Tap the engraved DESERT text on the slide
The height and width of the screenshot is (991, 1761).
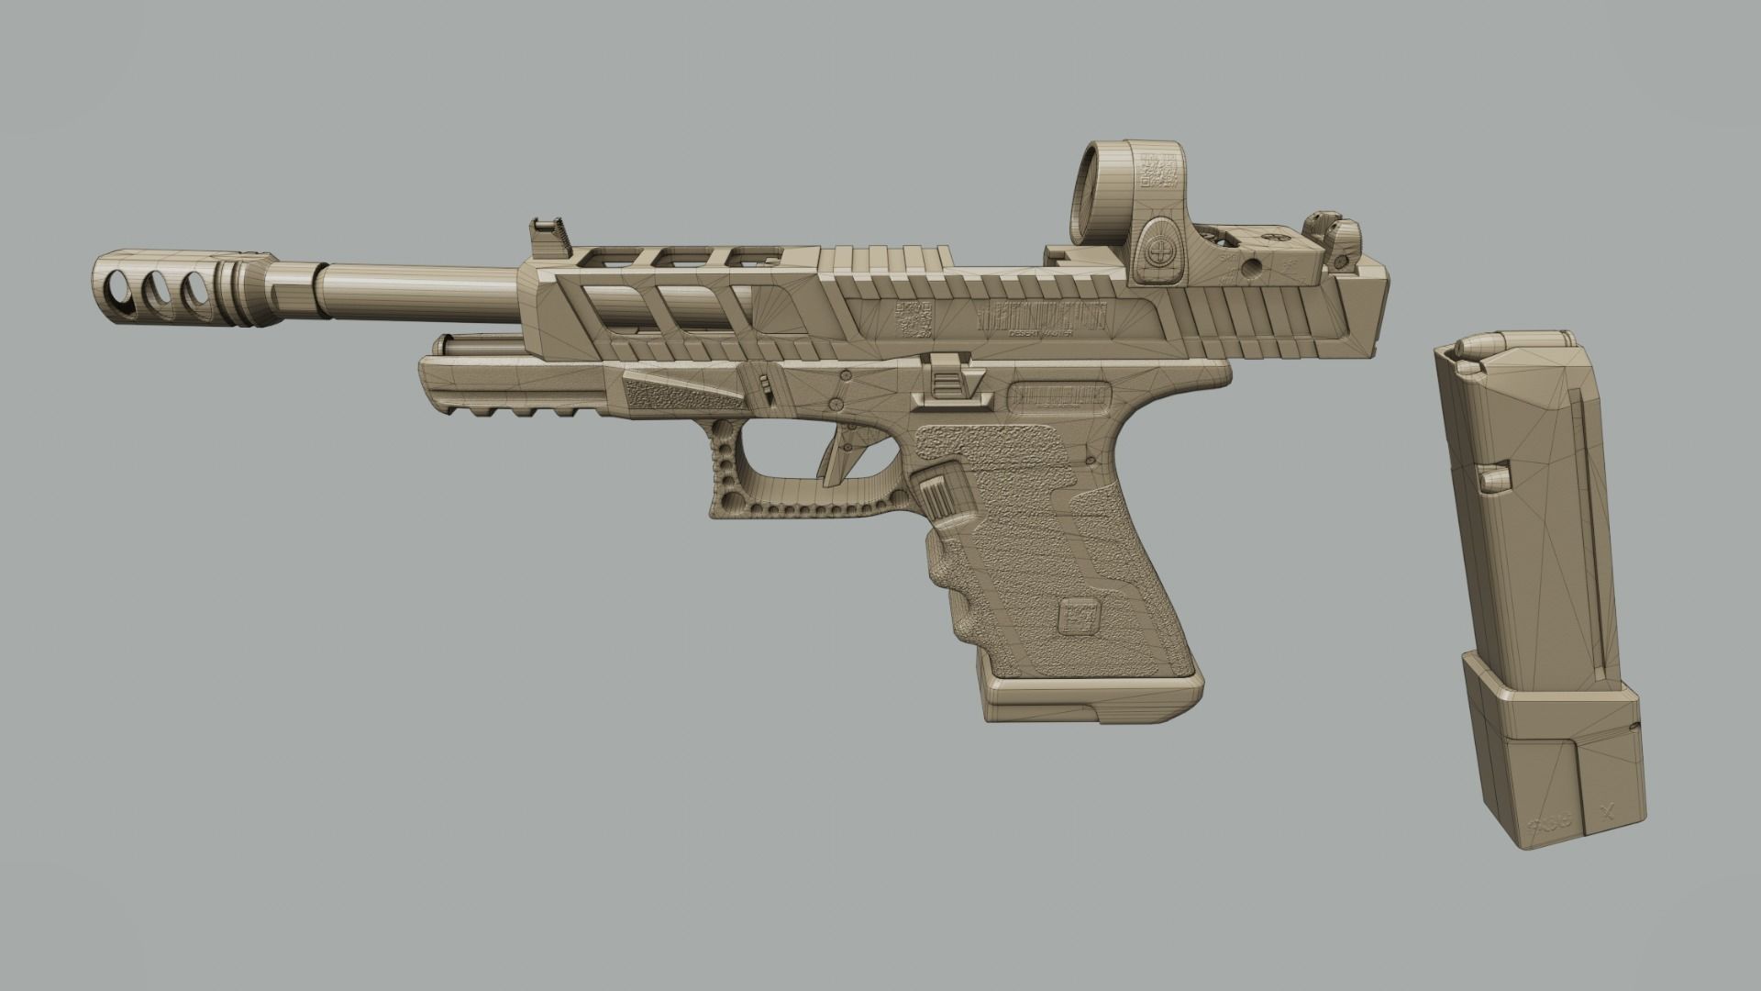1000,335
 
